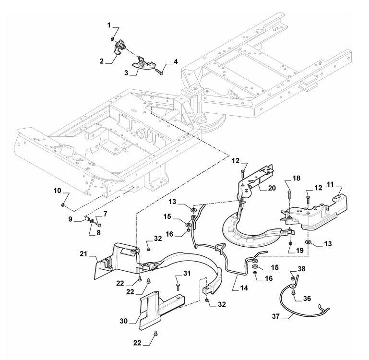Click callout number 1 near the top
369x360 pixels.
tap(109, 25)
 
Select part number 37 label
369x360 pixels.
tap(276, 316)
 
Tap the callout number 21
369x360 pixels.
tap(83, 254)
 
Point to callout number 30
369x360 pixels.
tap(123, 321)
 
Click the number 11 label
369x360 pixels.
tap(330, 184)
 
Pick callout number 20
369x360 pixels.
tap(272, 188)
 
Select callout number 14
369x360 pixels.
tap(244, 288)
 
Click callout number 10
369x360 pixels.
tap(58, 191)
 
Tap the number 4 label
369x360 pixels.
tap(176, 62)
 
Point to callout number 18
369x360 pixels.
tap(297, 178)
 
